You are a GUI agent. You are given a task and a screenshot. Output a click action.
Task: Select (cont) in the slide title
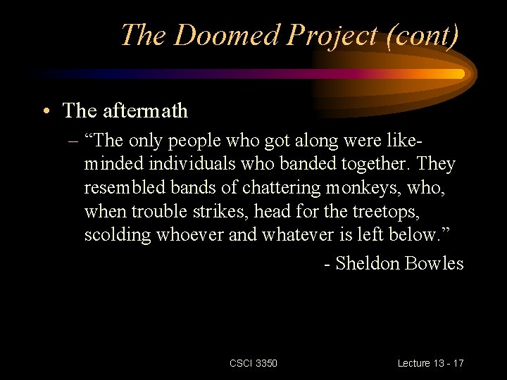coord(423,34)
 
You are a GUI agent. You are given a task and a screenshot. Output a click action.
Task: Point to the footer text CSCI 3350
coord(254,363)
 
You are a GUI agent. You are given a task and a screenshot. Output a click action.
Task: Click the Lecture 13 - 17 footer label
coord(430,363)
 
